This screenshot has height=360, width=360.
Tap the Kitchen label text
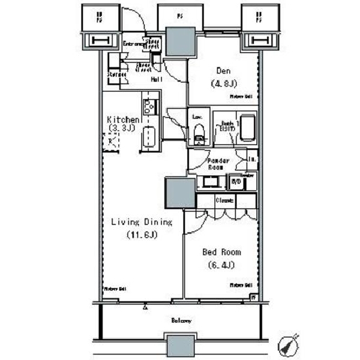(x=123, y=119)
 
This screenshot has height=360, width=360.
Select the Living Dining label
(x=142, y=222)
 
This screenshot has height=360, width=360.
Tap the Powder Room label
(x=218, y=163)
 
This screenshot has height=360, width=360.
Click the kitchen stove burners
(x=150, y=107)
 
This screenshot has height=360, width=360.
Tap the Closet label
(x=225, y=200)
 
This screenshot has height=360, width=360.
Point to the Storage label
(x=116, y=74)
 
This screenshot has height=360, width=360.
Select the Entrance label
(x=133, y=44)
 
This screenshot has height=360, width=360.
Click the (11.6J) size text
(x=142, y=235)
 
